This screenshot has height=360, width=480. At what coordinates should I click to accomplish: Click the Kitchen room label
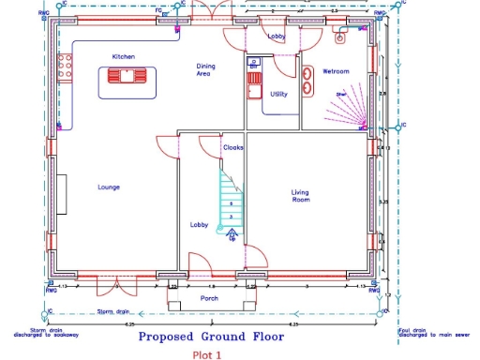(x=124, y=56)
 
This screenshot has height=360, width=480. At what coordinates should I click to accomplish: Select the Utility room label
(x=278, y=94)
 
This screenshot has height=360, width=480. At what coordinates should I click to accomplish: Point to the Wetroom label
(x=336, y=71)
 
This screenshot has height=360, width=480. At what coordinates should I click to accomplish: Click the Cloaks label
(x=233, y=148)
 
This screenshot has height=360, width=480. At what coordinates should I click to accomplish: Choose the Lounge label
(x=108, y=187)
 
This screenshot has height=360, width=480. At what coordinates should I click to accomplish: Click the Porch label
(x=210, y=298)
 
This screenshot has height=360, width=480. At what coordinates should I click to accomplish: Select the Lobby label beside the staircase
(x=200, y=225)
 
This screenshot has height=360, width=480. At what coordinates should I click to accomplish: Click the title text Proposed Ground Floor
(x=207, y=335)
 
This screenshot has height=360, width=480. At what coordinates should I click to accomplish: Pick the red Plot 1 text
(x=206, y=354)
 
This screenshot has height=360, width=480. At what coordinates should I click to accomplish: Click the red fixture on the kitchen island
(x=126, y=77)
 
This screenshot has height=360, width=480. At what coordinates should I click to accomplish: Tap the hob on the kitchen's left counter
(x=66, y=67)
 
